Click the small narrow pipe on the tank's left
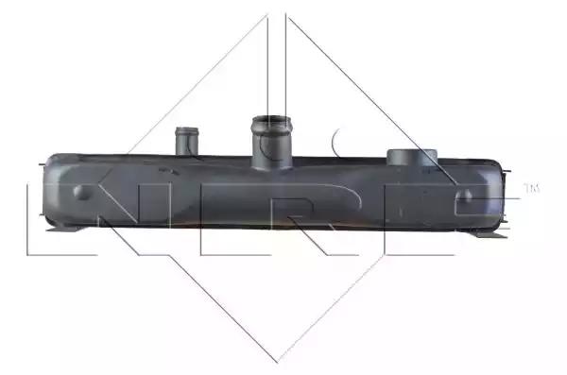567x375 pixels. [x=186, y=142]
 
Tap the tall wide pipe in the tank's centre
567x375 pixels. [x=271, y=143]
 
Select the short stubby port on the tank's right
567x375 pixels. [x=412, y=158]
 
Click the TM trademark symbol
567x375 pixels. [x=531, y=188]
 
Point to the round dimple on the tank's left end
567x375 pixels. [x=83, y=192]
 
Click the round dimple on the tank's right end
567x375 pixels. [x=465, y=196]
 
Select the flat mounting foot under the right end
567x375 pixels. [x=489, y=234]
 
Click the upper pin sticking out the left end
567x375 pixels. [x=42, y=165]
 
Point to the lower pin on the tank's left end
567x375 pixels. [x=42, y=216]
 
